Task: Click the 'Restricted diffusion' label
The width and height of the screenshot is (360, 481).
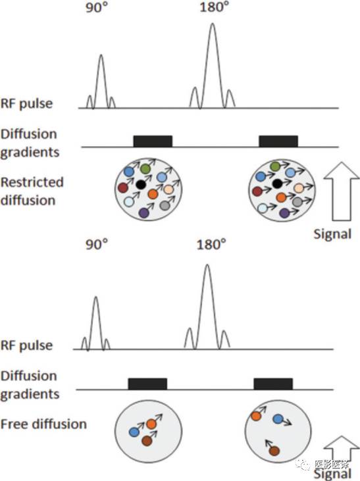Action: coord(32,191)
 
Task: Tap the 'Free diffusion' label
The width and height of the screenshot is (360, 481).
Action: coord(43,424)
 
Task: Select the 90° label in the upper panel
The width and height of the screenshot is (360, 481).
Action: coord(97,8)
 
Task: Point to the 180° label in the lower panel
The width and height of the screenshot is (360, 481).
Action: coord(211,245)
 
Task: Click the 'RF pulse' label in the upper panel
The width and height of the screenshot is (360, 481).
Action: coord(26,103)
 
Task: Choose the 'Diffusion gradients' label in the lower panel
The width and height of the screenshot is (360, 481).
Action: coord(30,386)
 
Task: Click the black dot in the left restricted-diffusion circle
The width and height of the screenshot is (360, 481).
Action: coord(141,184)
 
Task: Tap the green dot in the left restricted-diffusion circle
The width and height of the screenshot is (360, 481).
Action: coord(145,168)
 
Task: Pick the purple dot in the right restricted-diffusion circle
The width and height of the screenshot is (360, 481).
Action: coord(284,213)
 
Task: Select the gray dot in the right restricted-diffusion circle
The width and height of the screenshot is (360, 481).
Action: coord(297,202)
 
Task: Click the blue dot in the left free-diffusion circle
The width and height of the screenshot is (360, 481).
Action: coord(134,432)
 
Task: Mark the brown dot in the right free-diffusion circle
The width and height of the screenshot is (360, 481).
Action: coord(274,451)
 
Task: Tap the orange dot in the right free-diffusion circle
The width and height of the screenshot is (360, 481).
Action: coord(256,416)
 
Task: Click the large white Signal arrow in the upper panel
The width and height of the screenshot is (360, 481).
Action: coord(342,191)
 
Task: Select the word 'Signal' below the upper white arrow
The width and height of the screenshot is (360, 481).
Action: coord(332,234)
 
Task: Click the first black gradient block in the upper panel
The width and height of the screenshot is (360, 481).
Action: coord(153,141)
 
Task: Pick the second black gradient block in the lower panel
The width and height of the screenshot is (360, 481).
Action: coord(273,384)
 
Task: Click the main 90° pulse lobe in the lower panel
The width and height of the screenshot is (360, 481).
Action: coord(96,322)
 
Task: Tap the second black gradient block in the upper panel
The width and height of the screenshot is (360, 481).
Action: coord(278,141)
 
